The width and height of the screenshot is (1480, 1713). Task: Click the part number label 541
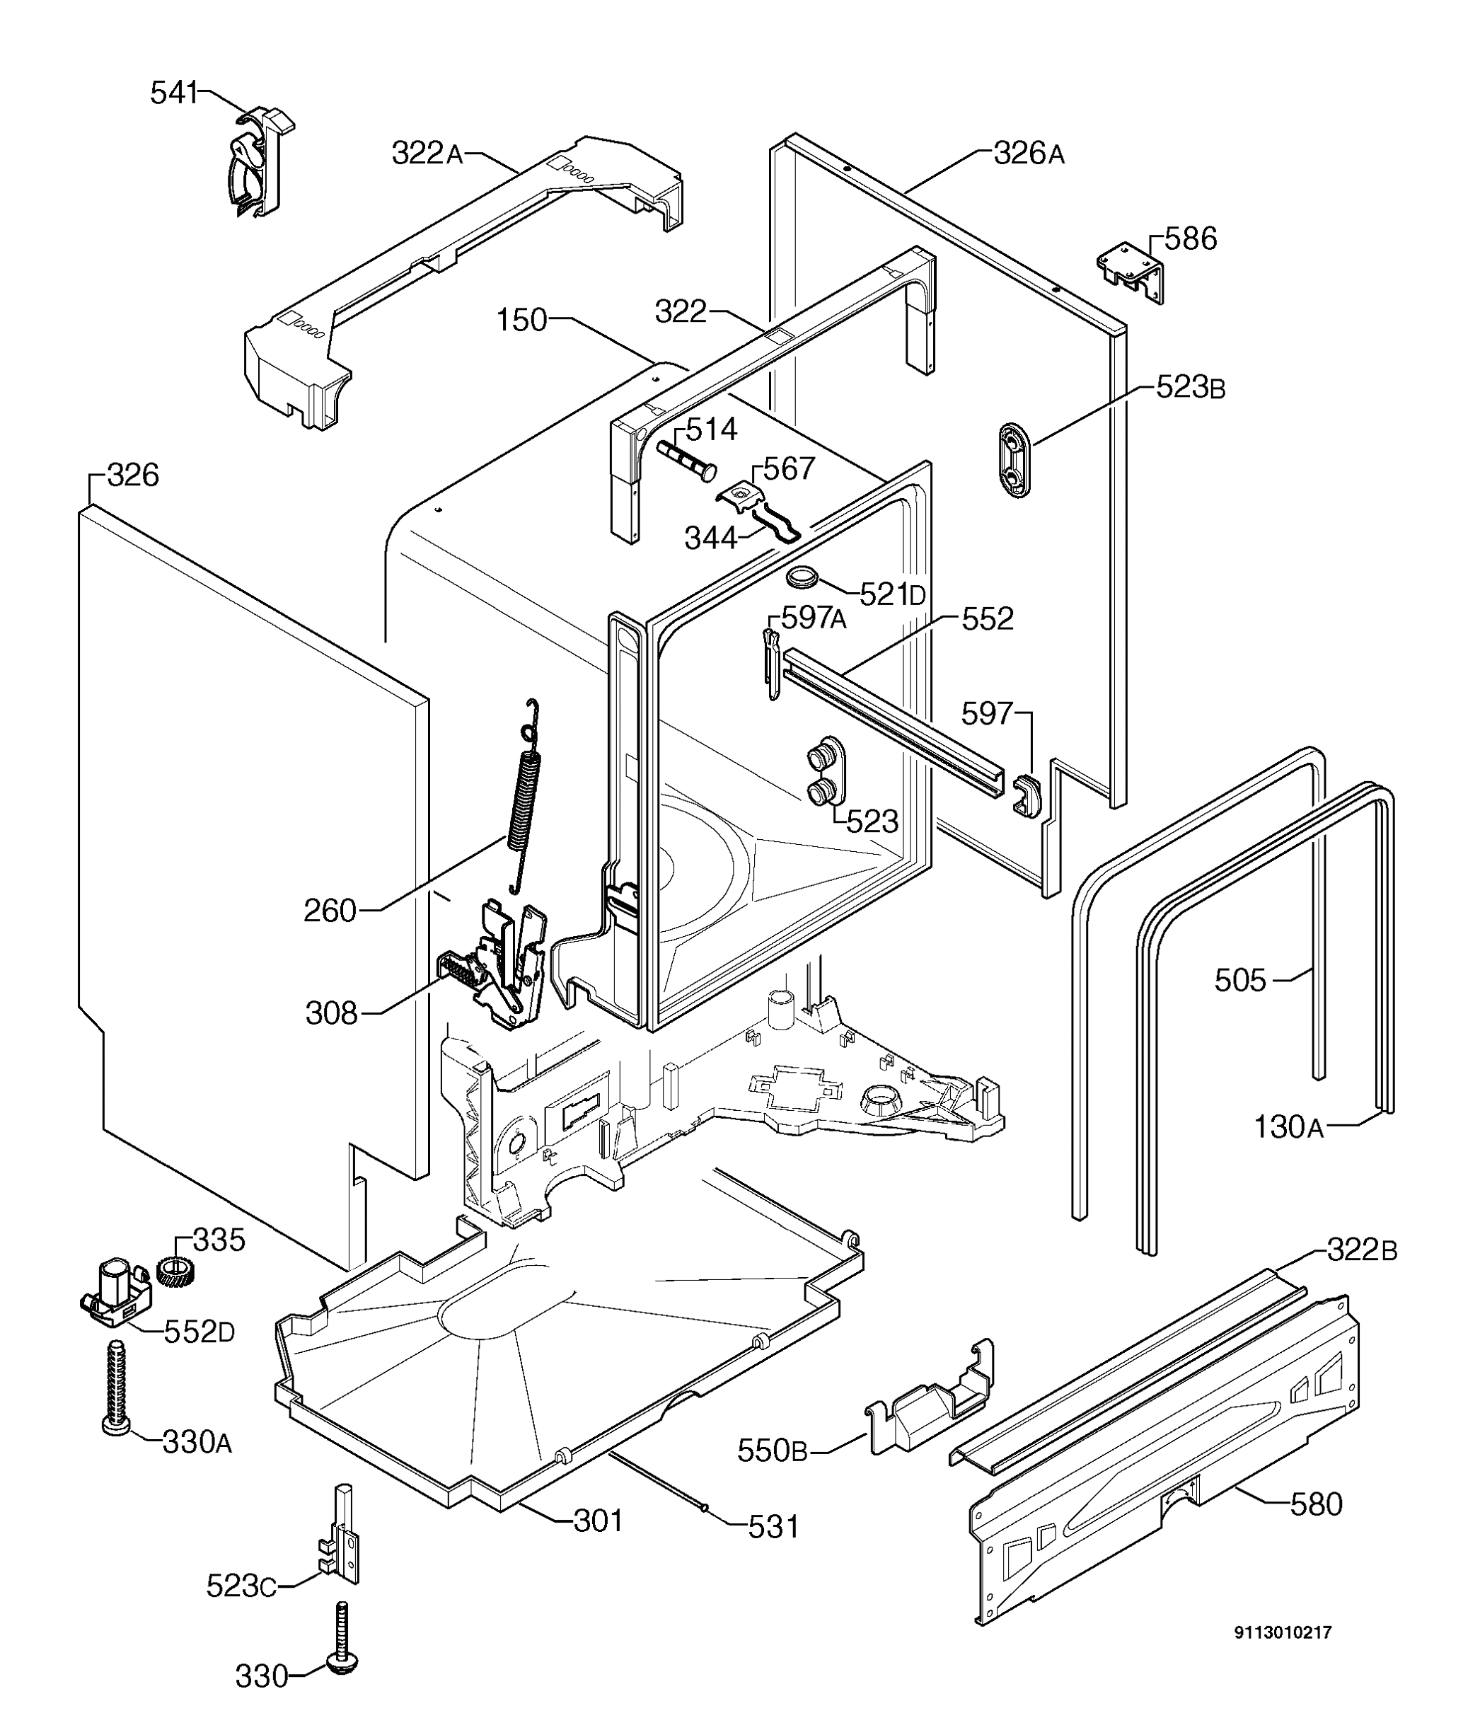173,93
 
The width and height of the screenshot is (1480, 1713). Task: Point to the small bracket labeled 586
1131,270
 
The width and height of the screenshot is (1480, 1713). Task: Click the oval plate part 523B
1014,460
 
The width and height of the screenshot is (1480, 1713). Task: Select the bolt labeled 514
686,460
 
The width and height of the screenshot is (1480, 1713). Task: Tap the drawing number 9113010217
1283,1632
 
